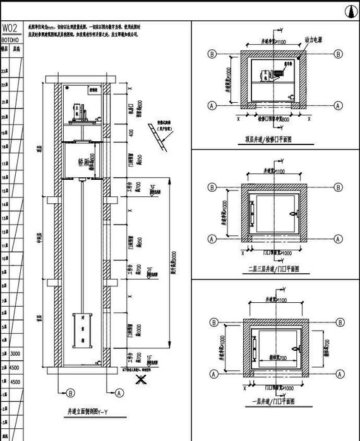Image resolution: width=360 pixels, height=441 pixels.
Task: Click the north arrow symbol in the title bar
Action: (348, 11)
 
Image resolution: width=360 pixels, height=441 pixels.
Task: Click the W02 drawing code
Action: (11, 28)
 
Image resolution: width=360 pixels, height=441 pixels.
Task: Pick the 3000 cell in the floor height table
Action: (16, 354)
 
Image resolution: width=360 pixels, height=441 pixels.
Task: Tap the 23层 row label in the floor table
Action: (5, 71)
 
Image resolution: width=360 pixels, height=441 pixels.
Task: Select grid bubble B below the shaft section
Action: (70, 392)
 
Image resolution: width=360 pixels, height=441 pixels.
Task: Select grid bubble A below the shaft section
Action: (118, 392)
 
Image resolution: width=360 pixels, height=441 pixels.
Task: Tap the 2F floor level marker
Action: (151, 271)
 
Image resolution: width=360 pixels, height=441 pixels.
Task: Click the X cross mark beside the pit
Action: (143, 380)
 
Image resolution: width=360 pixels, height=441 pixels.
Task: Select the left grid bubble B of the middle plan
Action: (211, 187)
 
